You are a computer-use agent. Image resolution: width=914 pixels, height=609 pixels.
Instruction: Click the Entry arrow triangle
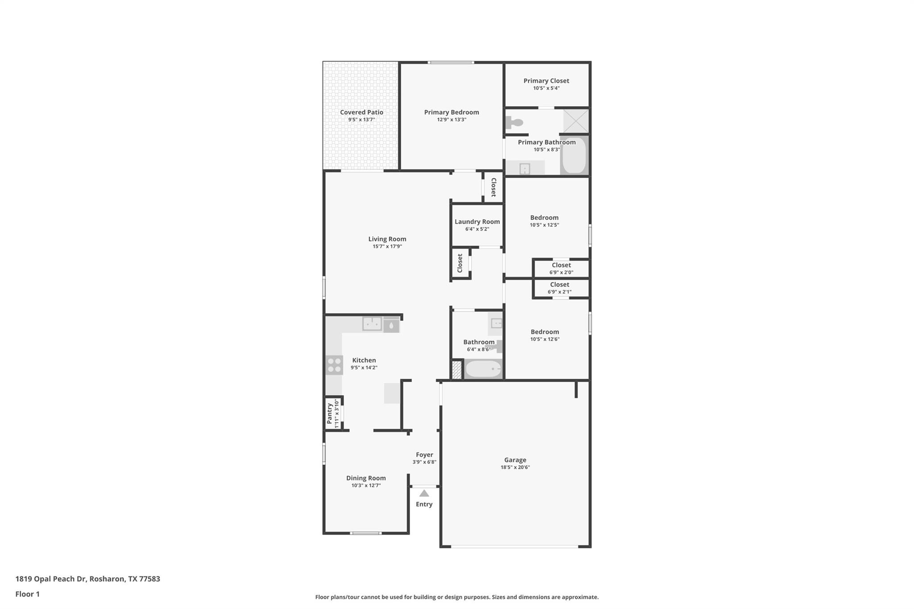[x=424, y=493]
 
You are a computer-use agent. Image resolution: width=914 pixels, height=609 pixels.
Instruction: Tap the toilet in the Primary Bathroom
[x=514, y=122]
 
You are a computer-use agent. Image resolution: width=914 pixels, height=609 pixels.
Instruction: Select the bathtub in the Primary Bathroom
[x=574, y=155]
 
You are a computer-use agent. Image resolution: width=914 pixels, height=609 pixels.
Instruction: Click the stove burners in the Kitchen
[x=334, y=365]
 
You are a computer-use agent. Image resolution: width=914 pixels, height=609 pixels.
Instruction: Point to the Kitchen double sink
[x=372, y=324]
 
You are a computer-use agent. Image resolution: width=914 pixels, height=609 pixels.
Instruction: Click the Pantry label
[x=329, y=414]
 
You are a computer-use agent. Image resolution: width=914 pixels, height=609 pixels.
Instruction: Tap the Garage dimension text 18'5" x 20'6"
[x=515, y=467]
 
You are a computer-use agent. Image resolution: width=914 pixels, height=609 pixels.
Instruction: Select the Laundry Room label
[x=477, y=222]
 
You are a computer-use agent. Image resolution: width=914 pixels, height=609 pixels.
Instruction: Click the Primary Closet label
[x=546, y=81]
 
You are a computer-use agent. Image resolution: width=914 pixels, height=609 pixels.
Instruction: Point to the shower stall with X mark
[x=576, y=120]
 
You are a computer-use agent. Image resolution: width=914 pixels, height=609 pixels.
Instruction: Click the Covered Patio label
[x=361, y=112]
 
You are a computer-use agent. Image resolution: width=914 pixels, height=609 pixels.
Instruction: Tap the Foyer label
[x=424, y=455]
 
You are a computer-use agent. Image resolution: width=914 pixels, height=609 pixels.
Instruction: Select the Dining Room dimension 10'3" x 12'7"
[x=366, y=485]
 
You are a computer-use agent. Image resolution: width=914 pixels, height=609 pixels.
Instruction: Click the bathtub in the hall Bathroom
[x=483, y=369]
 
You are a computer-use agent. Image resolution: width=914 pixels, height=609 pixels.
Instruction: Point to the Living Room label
[x=387, y=239]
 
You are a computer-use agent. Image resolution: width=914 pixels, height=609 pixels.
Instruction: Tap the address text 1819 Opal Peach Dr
[x=50, y=579]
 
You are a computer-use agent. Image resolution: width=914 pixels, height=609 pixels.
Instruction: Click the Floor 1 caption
[x=28, y=594]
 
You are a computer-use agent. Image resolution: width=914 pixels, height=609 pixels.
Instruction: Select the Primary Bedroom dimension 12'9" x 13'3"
[x=452, y=120]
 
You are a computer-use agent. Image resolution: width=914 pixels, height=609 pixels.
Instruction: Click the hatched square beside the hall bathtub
[x=457, y=370]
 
